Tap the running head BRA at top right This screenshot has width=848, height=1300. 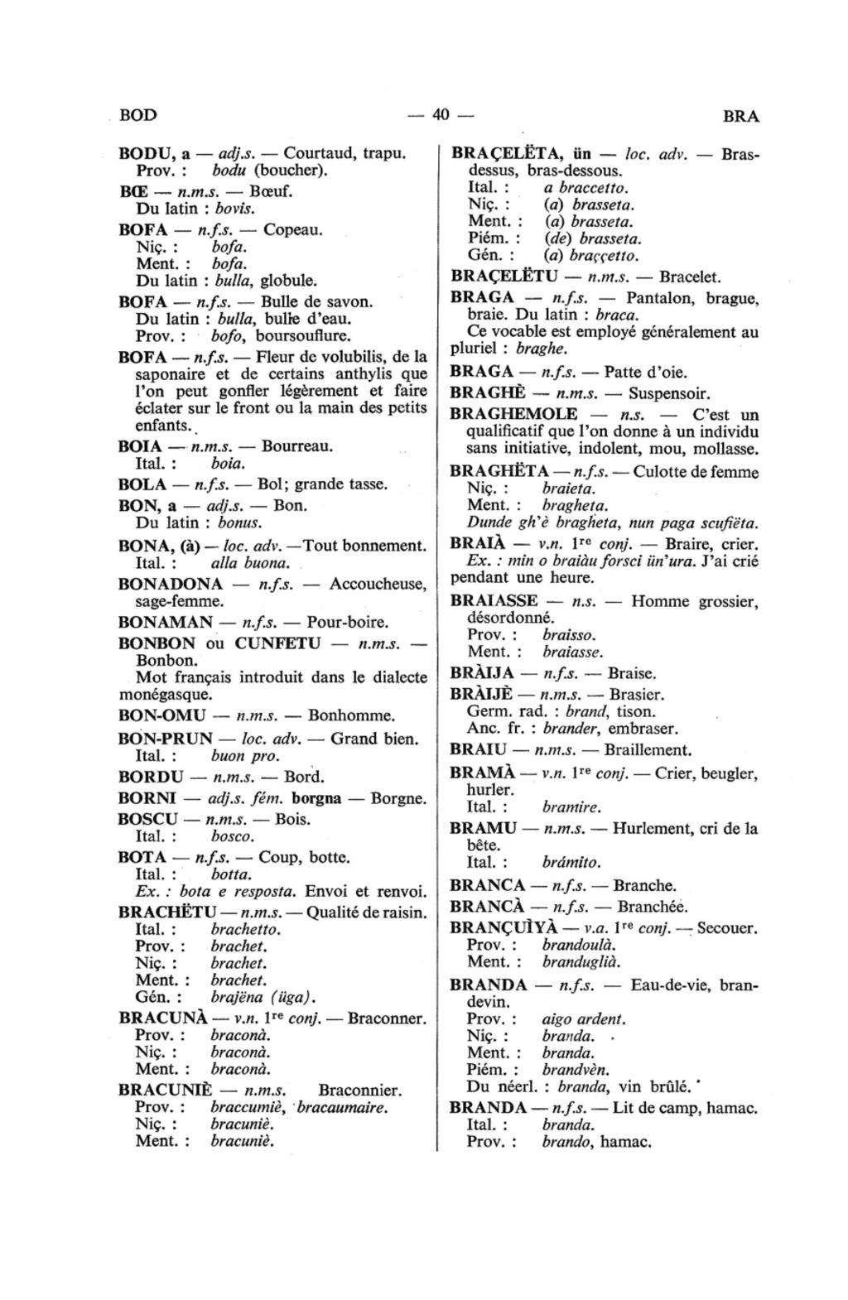[x=740, y=117]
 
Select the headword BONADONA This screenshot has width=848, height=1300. [x=171, y=585]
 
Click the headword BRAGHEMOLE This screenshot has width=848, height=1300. [x=513, y=414]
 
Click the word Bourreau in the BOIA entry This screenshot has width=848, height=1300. [x=297, y=446]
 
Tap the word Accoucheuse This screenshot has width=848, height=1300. [x=378, y=585]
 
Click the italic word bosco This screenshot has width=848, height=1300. [x=232, y=836]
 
